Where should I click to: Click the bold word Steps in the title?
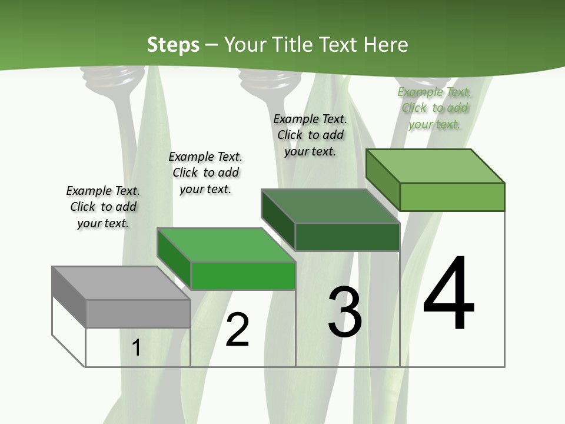(173, 45)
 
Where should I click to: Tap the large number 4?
(448, 294)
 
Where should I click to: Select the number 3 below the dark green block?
(345, 312)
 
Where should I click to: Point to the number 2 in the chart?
(238, 330)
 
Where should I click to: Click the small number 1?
(136, 348)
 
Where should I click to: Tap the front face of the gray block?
(138, 313)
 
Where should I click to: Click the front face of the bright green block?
(243, 276)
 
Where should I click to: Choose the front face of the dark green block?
(347, 237)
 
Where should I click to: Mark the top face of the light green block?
(435, 165)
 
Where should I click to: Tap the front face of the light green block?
(452, 197)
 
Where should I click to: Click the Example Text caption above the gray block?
(103, 207)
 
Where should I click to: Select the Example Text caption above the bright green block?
(205, 173)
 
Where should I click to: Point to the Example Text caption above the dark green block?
(310, 135)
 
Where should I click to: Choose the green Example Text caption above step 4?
(434, 108)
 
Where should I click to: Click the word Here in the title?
(386, 45)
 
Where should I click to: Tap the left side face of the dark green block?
(278, 220)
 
